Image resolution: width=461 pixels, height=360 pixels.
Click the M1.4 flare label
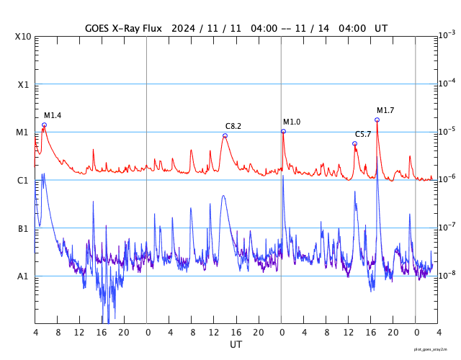(53, 116)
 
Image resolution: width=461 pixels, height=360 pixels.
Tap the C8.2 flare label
(233, 127)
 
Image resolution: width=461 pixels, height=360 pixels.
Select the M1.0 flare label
(292, 122)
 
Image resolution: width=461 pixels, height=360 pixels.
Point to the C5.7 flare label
(363, 135)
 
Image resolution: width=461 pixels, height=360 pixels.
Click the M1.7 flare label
(385, 110)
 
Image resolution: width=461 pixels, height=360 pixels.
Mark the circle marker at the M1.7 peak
(377, 120)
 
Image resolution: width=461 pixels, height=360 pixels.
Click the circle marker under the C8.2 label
(225, 135)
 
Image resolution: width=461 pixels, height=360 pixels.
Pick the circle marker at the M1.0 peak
(283, 131)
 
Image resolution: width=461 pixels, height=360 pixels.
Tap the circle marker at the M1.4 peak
(44, 125)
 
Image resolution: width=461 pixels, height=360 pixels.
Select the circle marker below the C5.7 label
(354, 143)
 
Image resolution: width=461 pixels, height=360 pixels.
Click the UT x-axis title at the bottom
(236, 345)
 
